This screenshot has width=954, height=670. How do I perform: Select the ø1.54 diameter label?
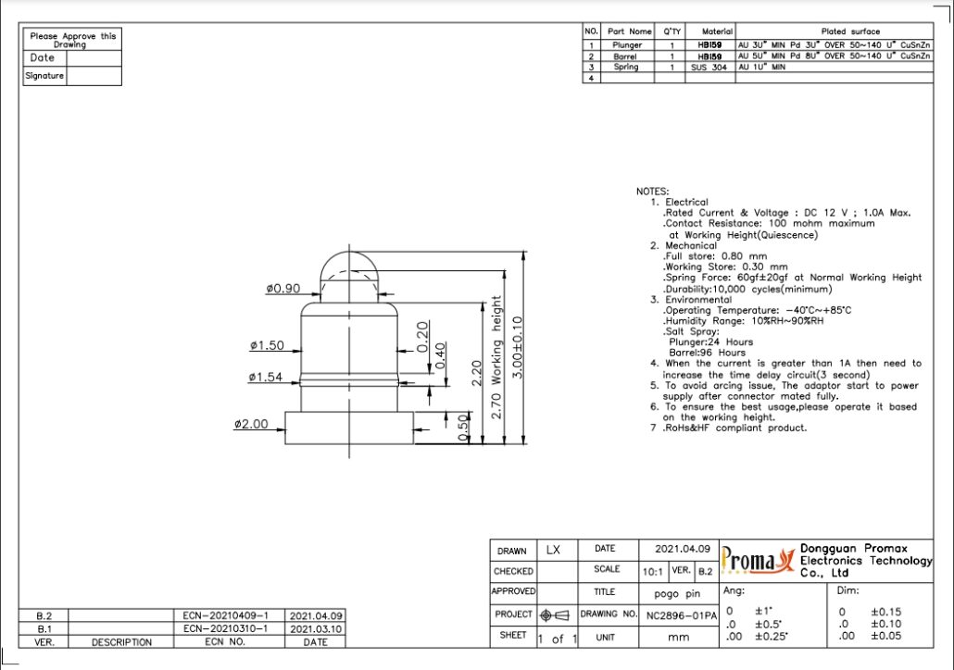tap(266, 377)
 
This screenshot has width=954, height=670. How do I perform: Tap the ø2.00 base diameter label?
tap(251, 424)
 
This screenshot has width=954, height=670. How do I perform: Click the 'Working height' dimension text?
tap(497, 341)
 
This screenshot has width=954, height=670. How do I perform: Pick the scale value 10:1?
tap(652, 571)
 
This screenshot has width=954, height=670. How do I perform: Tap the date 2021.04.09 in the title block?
tap(683, 549)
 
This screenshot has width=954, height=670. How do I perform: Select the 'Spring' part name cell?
tap(626, 67)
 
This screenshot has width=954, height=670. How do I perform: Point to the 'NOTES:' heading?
tap(652, 192)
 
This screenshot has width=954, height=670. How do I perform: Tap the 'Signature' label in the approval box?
tap(44, 76)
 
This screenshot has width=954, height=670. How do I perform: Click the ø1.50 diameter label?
tap(267, 345)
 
